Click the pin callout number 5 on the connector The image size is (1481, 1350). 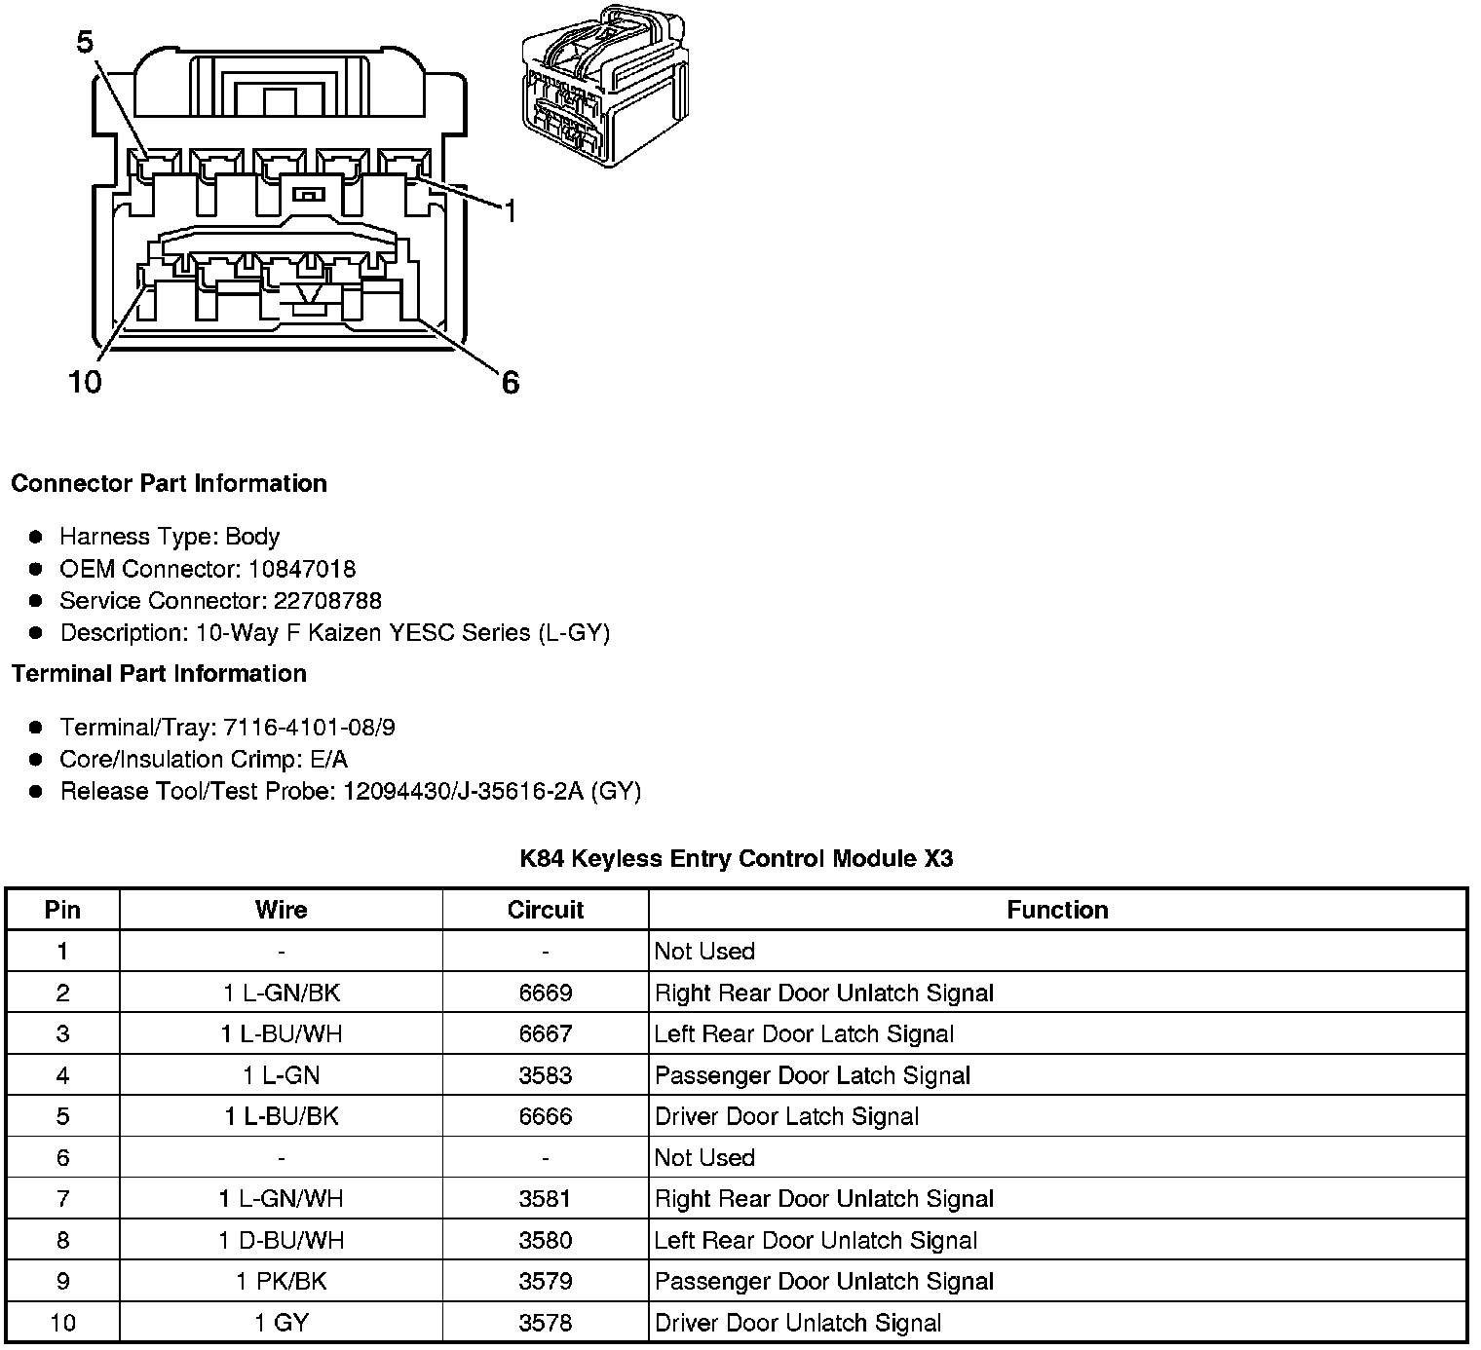tap(86, 42)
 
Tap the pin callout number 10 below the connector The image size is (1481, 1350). tap(85, 382)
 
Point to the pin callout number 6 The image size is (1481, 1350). tap(511, 383)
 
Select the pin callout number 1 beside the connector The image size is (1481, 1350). tap(510, 209)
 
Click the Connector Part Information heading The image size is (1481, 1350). tap(169, 484)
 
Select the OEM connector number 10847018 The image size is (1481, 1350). tap(302, 569)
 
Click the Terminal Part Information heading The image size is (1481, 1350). tap(159, 674)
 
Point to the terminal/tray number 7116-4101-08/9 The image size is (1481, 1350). tap(309, 728)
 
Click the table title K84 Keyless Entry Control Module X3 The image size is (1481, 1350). tap(736, 858)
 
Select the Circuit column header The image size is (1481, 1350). tap(545, 910)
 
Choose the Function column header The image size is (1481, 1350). tap(1057, 910)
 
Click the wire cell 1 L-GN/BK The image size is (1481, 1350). tap(281, 993)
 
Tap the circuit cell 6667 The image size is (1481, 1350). tap(545, 1033)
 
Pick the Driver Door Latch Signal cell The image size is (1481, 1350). tap(786, 1116)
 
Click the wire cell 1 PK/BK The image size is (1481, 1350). tap(281, 1281)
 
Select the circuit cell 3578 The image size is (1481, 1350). tap(545, 1323)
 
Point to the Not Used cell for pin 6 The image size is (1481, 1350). tap(704, 1157)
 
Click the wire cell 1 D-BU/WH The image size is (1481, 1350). tap(281, 1240)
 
